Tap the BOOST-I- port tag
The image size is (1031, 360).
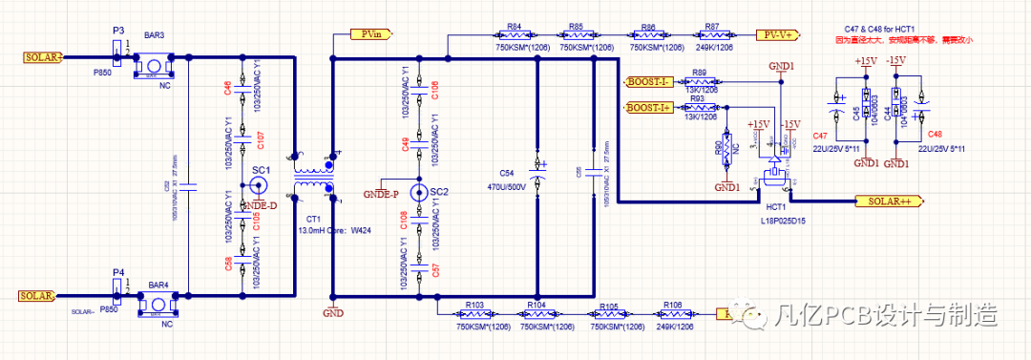click(x=649, y=83)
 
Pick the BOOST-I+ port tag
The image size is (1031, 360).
click(x=649, y=108)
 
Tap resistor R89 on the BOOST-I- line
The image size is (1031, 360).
click(x=700, y=83)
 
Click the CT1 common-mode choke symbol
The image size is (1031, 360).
click(x=313, y=175)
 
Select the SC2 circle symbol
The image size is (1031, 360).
click(x=418, y=192)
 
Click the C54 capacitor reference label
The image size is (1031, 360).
click(x=507, y=173)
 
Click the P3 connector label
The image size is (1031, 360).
click(x=118, y=32)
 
